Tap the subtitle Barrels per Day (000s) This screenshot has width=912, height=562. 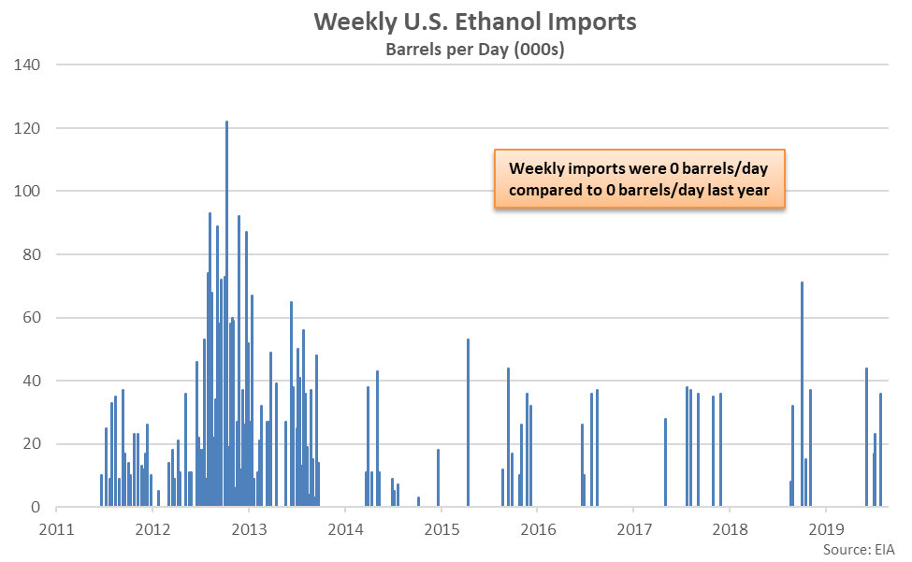[475, 50]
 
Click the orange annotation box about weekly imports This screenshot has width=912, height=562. [639, 180]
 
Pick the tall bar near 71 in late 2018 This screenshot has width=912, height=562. [802, 394]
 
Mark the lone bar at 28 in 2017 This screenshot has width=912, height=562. [665, 462]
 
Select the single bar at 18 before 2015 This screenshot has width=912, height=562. [438, 478]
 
